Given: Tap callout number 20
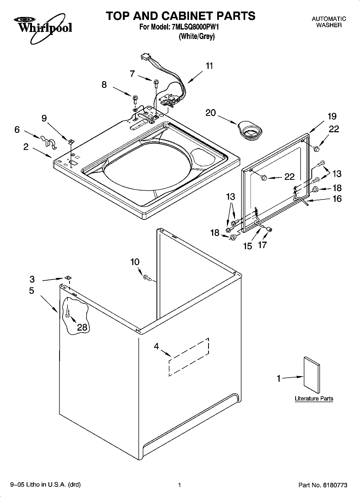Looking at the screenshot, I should pos(211,113).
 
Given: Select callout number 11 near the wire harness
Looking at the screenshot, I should pos(209,66).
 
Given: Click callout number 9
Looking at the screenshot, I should pos(44,118).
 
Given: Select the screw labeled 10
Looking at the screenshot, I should pos(147,277).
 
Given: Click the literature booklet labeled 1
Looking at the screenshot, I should pos(312,375).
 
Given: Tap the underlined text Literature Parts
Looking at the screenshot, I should pos(314,398).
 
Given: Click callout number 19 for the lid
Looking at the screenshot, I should pos(332,116).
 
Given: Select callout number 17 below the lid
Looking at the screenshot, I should pos(262,245).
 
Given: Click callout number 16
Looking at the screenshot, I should pos(337,199).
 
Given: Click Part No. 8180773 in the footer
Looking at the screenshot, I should pos(323,485).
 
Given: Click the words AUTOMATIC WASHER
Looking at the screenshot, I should pos(329,22).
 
